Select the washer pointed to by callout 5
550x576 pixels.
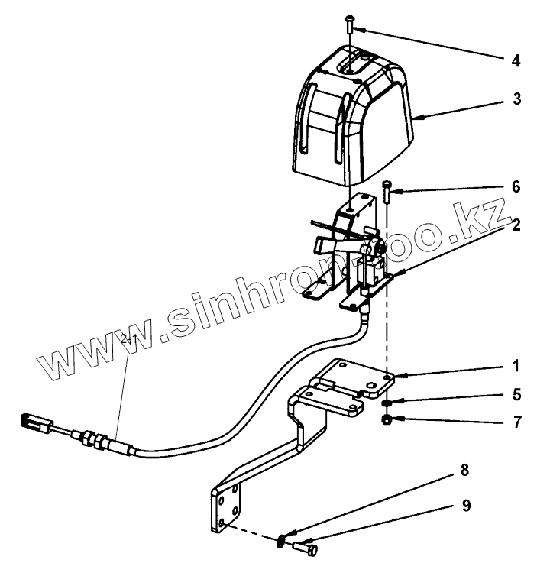pyautogui.click(x=389, y=403)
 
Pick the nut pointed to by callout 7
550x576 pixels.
pyautogui.click(x=389, y=419)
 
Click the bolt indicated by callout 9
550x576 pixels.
pyautogui.click(x=307, y=546)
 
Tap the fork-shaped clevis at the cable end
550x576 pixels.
pyautogui.click(x=31, y=420)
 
